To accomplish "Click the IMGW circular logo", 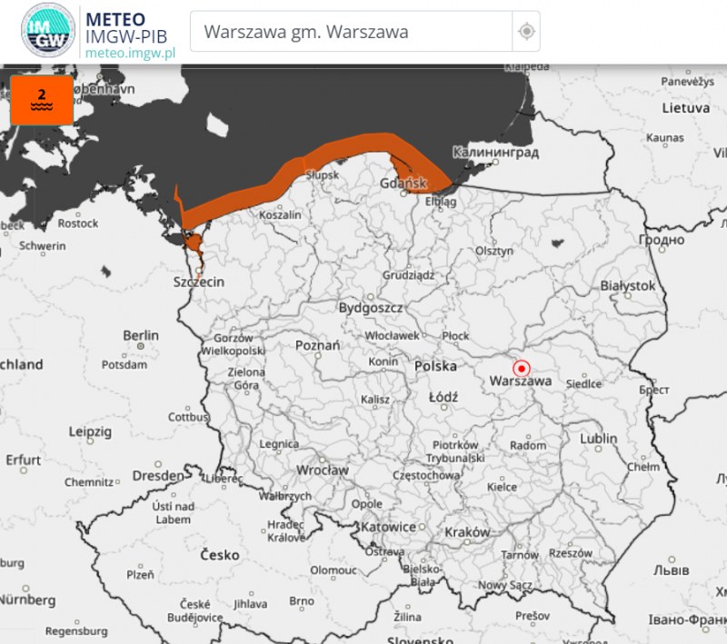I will [47, 32].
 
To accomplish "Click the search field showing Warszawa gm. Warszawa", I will [350, 32].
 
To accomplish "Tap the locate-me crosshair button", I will [526, 32].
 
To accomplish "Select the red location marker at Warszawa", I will [522, 369].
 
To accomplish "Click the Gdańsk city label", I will [403, 183].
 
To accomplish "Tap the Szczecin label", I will [198, 282].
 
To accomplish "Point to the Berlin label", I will [141, 335].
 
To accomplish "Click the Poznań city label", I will [317, 345].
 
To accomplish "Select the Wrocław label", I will [322, 471].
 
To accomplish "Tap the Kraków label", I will [467, 531].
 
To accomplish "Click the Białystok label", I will [628, 285].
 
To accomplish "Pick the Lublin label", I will [598, 439].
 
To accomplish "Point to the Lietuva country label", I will [685, 107].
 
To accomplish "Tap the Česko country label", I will [219, 554].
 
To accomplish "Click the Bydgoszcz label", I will [370, 308].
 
